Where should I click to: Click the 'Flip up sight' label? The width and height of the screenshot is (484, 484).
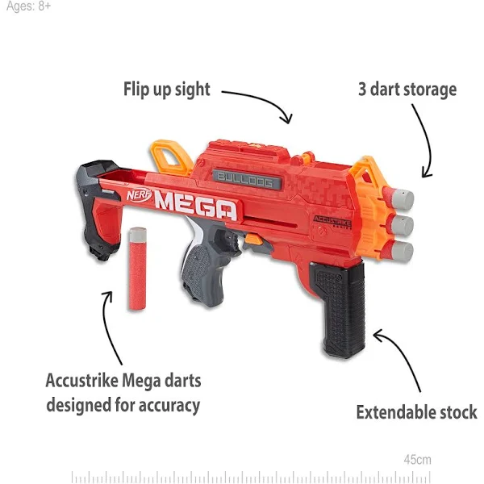tap(167, 90)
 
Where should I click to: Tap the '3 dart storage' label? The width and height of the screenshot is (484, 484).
tap(407, 90)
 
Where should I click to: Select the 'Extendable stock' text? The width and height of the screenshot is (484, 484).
tap(417, 412)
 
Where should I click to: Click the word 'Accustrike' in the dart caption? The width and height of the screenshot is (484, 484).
tap(81, 380)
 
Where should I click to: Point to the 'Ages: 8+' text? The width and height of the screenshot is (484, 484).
tap(28, 6)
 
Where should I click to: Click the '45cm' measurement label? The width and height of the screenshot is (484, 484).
tap(417, 460)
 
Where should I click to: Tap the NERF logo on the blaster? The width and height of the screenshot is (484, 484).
tap(140, 195)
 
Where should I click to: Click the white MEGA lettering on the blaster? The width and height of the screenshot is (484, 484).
tap(196, 205)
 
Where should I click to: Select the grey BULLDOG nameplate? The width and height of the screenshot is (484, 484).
tap(247, 179)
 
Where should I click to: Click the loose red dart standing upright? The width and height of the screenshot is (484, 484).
tap(137, 269)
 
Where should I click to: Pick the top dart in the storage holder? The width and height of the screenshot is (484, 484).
tap(398, 198)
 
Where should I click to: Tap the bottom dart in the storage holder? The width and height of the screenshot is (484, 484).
tap(398, 251)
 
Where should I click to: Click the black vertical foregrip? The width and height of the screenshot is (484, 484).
tap(340, 309)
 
